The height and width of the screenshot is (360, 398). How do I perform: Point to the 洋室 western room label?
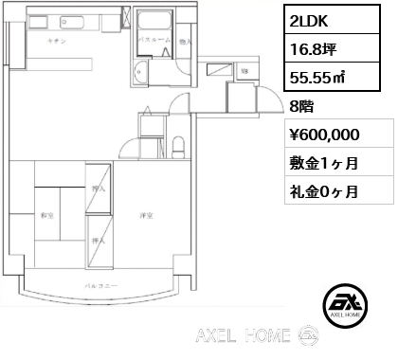tap(143, 215)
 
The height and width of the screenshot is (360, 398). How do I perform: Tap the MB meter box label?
tap(244, 72)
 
